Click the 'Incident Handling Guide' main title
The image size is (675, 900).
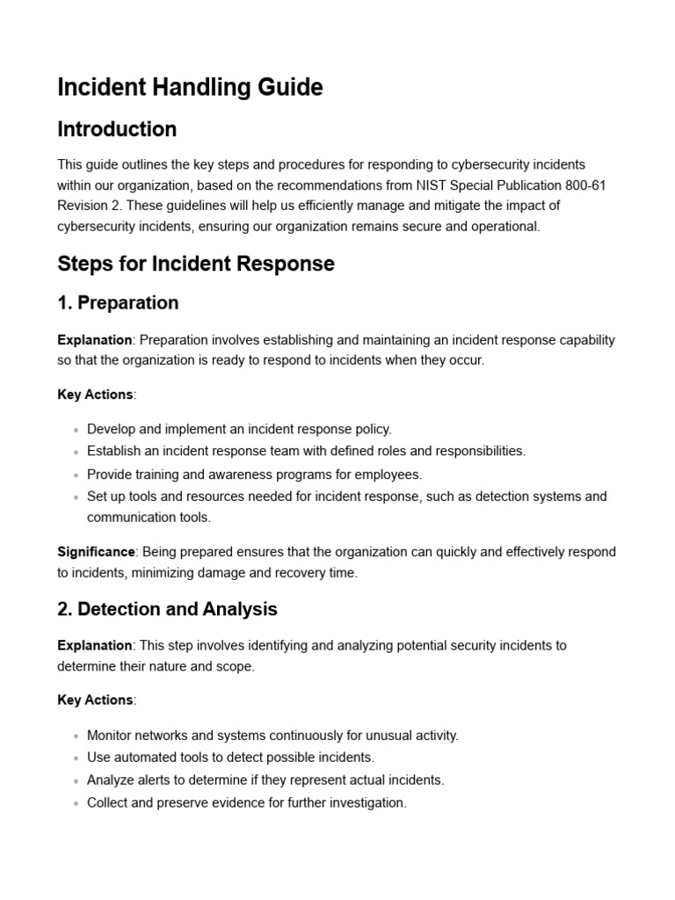click(x=190, y=87)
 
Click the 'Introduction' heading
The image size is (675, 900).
click(x=117, y=129)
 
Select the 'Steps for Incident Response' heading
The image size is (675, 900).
click(x=196, y=264)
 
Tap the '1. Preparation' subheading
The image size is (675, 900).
click(x=118, y=303)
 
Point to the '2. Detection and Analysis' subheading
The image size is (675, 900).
click(x=167, y=609)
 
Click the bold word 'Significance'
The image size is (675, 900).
click(x=96, y=552)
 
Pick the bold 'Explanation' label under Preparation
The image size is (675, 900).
click(x=95, y=340)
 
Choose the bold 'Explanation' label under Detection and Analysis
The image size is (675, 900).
click(x=95, y=645)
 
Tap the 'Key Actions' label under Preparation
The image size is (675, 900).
click(x=95, y=395)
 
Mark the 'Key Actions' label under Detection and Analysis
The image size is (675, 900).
click(x=95, y=700)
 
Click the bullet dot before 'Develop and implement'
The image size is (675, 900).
click(x=76, y=430)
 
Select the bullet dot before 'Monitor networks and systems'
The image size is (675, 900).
click(x=76, y=736)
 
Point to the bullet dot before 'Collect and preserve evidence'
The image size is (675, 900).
click(x=76, y=803)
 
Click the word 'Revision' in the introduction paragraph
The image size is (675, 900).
click(x=83, y=206)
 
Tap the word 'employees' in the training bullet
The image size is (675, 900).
click(x=391, y=475)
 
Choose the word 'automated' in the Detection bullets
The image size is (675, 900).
click(x=143, y=758)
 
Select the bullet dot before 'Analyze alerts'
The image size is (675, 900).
click(x=76, y=780)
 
